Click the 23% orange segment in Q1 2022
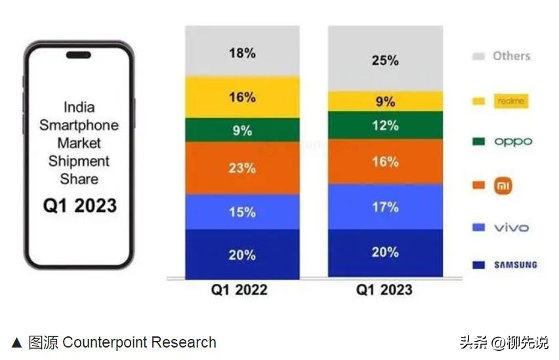point(242,168)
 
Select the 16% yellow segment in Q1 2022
point(242,97)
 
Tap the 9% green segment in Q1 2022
point(242,130)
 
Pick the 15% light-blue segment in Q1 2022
point(242,212)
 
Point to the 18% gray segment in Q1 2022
point(242,53)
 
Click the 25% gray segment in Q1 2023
point(385,60)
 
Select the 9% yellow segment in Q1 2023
point(385,102)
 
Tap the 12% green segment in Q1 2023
point(385,125)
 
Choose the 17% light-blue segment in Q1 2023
point(385,207)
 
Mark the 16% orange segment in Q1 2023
point(385,162)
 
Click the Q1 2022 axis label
point(239,289)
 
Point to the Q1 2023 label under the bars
point(384,289)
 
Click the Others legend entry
point(510,56)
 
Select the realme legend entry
point(510,101)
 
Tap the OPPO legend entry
point(512,141)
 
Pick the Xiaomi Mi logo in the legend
point(503,186)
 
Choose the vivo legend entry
point(510,228)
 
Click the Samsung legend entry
point(515,265)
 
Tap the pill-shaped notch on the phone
point(79,55)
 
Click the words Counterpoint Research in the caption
point(139,342)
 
